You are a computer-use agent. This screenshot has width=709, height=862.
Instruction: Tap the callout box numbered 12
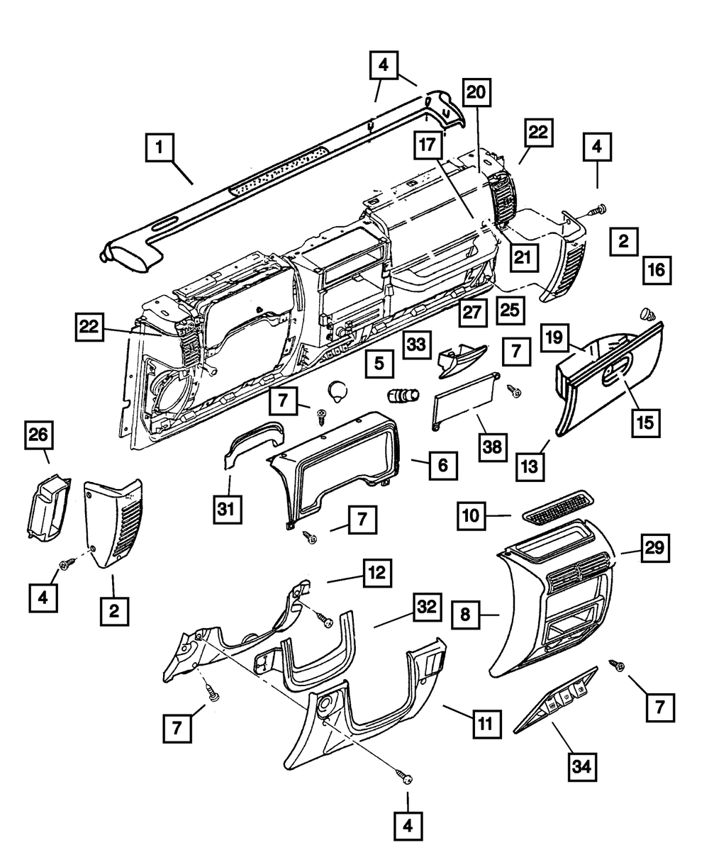point(377,573)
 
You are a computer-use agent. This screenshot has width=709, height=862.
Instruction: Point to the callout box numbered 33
point(418,345)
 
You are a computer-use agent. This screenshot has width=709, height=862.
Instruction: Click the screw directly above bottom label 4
point(408,778)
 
